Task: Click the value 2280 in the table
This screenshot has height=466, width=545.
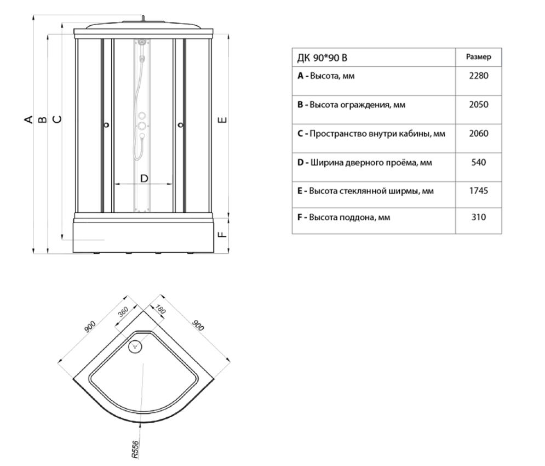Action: click(x=478, y=76)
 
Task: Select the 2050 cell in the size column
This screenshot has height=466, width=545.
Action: click(x=478, y=104)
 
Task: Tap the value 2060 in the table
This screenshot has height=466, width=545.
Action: click(x=478, y=133)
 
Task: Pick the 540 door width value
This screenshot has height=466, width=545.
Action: click(x=478, y=162)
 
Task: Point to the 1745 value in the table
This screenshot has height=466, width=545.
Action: click(x=478, y=191)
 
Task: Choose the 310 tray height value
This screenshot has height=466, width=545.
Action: click(x=478, y=217)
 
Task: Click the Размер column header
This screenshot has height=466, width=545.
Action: click(x=478, y=56)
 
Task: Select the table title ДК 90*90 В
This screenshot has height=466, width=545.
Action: click(x=322, y=58)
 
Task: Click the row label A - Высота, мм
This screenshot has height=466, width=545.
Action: click(x=326, y=76)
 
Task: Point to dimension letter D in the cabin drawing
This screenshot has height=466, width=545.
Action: click(x=145, y=178)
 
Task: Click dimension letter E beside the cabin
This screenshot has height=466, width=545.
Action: click(x=222, y=120)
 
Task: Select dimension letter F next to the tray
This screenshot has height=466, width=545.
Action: click(x=222, y=235)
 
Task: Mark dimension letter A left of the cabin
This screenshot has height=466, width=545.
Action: click(x=30, y=119)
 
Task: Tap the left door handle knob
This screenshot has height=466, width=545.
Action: click(x=106, y=125)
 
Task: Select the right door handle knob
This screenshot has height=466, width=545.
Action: click(x=180, y=126)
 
